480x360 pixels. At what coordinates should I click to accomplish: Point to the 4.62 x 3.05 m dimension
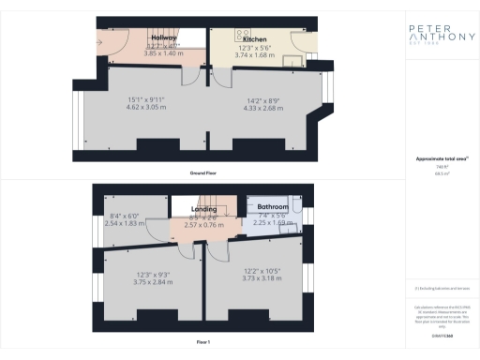click(x=145, y=109)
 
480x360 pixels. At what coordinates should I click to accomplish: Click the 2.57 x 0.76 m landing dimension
click(x=205, y=225)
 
